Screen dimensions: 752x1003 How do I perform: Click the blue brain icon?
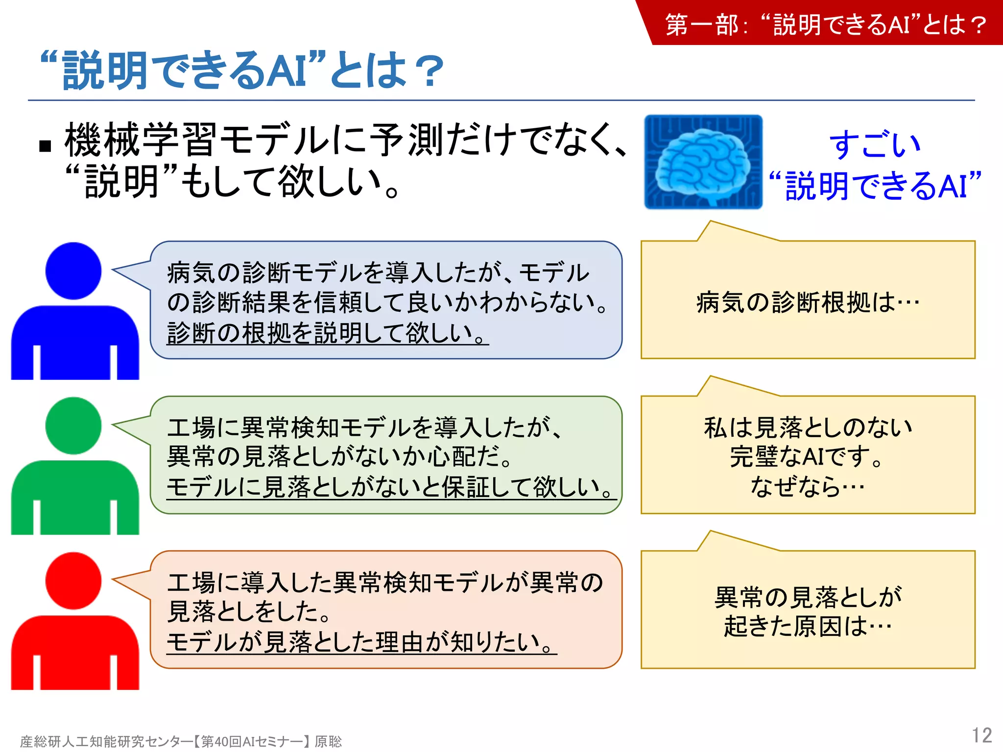click(x=703, y=162)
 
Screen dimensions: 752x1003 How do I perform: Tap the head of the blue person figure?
click(x=73, y=271)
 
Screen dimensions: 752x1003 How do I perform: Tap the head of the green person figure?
click(x=73, y=425)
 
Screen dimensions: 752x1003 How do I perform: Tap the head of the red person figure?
click(x=73, y=581)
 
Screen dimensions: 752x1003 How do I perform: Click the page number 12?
click(x=981, y=735)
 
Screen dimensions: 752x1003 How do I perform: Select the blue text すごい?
click(x=875, y=145)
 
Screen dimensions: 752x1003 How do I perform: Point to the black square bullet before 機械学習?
click(x=45, y=146)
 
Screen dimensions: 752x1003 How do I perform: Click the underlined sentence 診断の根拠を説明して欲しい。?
click(x=327, y=333)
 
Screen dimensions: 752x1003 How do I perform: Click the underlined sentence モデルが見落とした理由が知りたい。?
click(x=361, y=642)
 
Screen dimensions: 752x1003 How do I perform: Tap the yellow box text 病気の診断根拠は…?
click(x=808, y=302)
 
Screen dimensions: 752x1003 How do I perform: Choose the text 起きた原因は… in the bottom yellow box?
click(x=808, y=626)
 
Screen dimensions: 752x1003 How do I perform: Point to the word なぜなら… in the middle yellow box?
click(x=808, y=487)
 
